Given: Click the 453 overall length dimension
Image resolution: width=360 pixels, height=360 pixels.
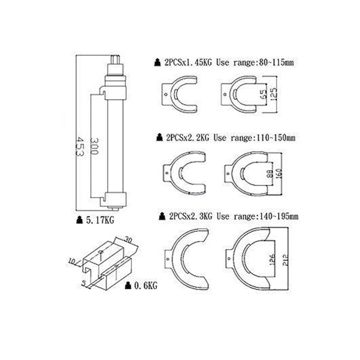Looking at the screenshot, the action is (80, 147).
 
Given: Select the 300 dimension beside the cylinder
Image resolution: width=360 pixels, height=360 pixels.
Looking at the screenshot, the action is (94, 146).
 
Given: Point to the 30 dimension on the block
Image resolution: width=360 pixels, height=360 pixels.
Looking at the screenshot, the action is (129, 240).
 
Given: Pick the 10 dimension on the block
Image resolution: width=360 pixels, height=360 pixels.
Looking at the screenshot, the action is (72, 261).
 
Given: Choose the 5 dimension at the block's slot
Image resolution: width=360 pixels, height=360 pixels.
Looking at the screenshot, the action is (84, 283).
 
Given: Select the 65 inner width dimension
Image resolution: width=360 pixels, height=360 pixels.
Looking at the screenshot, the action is (264, 94).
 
